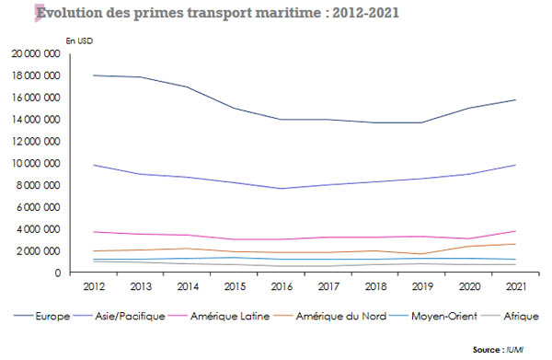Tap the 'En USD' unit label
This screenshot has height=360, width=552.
click(79, 41)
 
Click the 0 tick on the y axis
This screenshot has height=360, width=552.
click(57, 273)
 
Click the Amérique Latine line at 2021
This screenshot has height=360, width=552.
click(514, 231)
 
